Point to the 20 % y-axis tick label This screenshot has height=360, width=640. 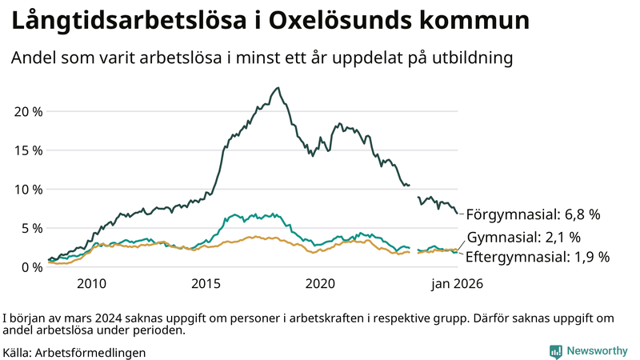click(x=28, y=110)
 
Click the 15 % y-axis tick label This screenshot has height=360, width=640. click(x=28, y=150)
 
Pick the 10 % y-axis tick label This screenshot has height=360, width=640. click(x=28, y=189)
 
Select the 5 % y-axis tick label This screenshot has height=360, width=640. click(x=32, y=228)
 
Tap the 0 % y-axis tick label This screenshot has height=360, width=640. click(x=32, y=267)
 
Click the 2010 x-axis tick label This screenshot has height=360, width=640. click(x=91, y=284)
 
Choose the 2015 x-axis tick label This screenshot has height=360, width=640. click(x=206, y=284)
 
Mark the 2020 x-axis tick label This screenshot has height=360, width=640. click(x=320, y=284)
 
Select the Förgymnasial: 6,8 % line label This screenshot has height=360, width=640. click(x=533, y=214)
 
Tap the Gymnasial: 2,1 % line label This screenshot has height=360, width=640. click(x=523, y=238)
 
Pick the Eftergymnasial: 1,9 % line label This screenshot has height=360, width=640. click(x=538, y=257)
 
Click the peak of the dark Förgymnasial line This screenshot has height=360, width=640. click(x=278, y=88)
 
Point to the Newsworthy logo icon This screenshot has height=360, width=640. click(x=555, y=351)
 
